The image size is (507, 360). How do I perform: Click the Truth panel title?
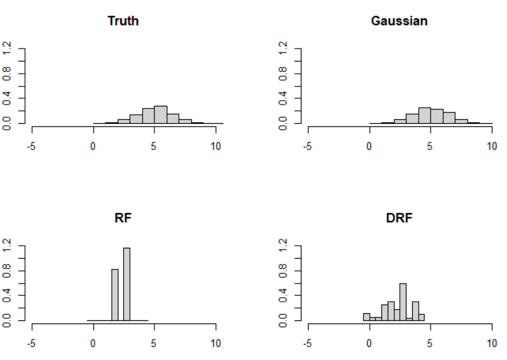tap(123, 21)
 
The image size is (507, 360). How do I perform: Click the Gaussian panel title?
tap(399, 21)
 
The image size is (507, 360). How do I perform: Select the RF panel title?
tap(123, 218)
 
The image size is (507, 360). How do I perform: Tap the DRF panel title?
tap(399, 218)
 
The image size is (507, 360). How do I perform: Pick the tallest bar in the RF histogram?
tap(127, 285)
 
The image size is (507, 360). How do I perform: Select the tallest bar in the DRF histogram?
tap(403, 302)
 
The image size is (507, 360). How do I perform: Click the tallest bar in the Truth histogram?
tap(160, 115)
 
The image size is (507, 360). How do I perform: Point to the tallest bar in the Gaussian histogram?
tap(424, 116)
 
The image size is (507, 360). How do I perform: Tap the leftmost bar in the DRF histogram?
tap(366, 317)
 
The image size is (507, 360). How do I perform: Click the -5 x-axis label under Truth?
tap(32, 146)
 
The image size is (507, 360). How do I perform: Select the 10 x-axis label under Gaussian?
tap(491, 146)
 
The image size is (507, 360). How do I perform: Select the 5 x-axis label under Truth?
tap(154, 146)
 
